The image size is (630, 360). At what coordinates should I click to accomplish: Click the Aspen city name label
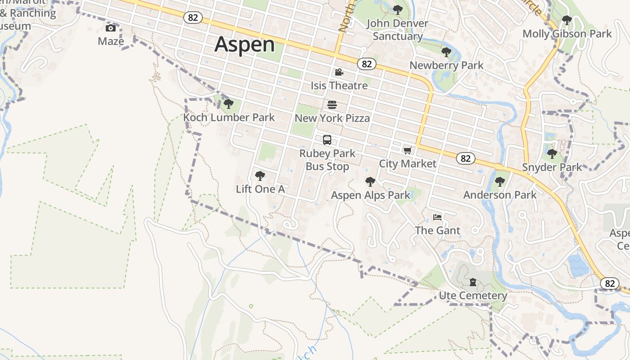pyautogui.click(x=244, y=45)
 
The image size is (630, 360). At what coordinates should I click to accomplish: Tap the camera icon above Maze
pyautogui.click(x=110, y=28)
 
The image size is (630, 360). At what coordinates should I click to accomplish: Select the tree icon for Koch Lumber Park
pyautogui.click(x=229, y=104)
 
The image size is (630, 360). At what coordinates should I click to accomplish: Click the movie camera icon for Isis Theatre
pyautogui.click(x=339, y=72)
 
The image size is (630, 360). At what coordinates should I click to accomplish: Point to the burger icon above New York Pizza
pyautogui.click(x=332, y=105)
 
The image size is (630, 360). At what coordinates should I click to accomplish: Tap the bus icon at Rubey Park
pyautogui.click(x=327, y=140)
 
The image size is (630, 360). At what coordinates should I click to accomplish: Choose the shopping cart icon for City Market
pyautogui.click(x=407, y=150)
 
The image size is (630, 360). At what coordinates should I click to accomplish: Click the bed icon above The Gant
pyautogui.click(x=437, y=217)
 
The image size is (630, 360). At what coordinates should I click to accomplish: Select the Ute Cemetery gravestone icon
pyautogui.click(x=472, y=282)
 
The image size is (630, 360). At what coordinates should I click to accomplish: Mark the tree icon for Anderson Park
pyautogui.click(x=499, y=182)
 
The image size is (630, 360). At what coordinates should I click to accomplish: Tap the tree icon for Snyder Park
pyautogui.click(x=552, y=154)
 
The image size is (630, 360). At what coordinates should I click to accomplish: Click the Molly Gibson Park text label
pyautogui.click(x=567, y=34)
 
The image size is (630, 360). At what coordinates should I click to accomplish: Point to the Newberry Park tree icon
pyautogui.click(x=446, y=52)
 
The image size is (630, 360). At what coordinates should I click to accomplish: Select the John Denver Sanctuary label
pyautogui.click(x=397, y=30)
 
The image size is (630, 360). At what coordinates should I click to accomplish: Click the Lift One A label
pyautogui.click(x=260, y=189)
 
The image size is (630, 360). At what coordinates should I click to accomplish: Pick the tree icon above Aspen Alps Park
pyautogui.click(x=370, y=182)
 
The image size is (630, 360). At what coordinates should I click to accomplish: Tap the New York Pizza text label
pyautogui.click(x=332, y=118)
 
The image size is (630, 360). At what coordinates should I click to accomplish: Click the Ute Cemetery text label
pyautogui.click(x=472, y=296)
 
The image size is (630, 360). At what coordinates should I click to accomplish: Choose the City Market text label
pyautogui.click(x=407, y=163)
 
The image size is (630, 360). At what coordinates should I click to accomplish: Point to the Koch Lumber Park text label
pyautogui.click(x=229, y=117)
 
